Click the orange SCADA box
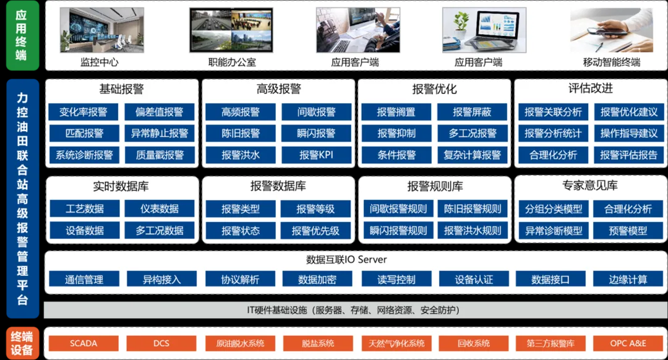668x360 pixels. (x=83, y=343)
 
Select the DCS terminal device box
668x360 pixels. (x=161, y=343)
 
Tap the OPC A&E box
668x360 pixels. (x=628, y=343)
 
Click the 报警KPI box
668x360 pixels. (x=317, y=155)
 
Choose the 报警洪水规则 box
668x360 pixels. (x=473, y=231)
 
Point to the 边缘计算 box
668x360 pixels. (x=628, y=279)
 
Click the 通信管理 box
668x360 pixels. (x=84, y=279)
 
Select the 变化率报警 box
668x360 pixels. (x=83, y=112)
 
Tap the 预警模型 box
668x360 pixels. (x=628, y=231)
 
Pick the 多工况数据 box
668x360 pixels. (x=160, y=231)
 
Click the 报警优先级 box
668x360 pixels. (x=315, y=231)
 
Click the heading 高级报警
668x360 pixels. (x=278, y=89)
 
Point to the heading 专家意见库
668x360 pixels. (x=590, y=186)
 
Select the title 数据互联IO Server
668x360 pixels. (x=346, y=259)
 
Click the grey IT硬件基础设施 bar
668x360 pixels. (x=355, y=310)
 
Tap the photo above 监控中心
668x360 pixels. (x=102, y=30)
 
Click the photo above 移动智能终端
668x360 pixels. (x=612, y=30)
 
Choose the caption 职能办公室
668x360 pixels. (x=232, y=62)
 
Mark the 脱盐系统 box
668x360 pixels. (x=318, y=343)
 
